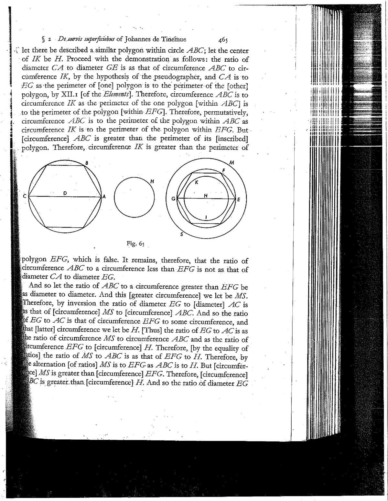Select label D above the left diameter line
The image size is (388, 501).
pos(65,193)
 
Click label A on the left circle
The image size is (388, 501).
pos(104,197)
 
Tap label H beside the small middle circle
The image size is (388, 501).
pos(151,181)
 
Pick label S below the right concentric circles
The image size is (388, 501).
pos(181,235)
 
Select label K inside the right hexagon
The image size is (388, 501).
pos(196,182)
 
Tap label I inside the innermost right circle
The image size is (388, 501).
pos(206,217)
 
